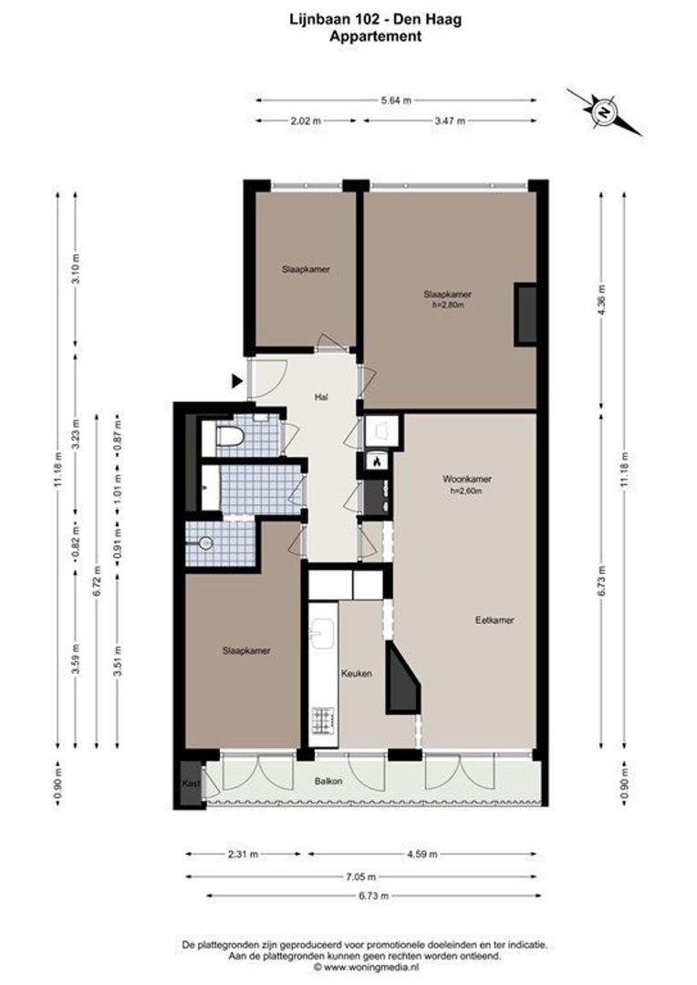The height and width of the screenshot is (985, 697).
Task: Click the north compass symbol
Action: point(604,112)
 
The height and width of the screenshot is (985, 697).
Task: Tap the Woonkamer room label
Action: point(467,479)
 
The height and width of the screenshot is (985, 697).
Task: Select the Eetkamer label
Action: point(494,620)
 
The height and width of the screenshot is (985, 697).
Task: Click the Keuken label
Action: point(357,673)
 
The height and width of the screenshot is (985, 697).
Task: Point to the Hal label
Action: point(322,397)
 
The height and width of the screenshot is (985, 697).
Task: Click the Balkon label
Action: point(328,781)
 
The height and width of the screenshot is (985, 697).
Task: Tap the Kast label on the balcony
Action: point(191,783)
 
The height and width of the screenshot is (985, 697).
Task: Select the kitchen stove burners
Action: point(323,721)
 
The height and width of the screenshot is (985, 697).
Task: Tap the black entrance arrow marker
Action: point(237,380)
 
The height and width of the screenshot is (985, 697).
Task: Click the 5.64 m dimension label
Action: point(396,100)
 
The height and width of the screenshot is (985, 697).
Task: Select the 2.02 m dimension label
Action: point(306,120)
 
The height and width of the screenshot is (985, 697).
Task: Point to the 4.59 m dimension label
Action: point(422,854)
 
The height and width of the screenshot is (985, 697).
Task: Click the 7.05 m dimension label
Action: point(361,876)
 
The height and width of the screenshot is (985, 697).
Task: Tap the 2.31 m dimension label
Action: point(243,854)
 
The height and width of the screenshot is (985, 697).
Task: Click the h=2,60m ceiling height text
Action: point(466,491)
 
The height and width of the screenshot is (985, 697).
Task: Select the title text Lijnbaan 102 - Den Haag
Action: point(376,20)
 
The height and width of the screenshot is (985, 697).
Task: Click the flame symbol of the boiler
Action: point(377,461)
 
